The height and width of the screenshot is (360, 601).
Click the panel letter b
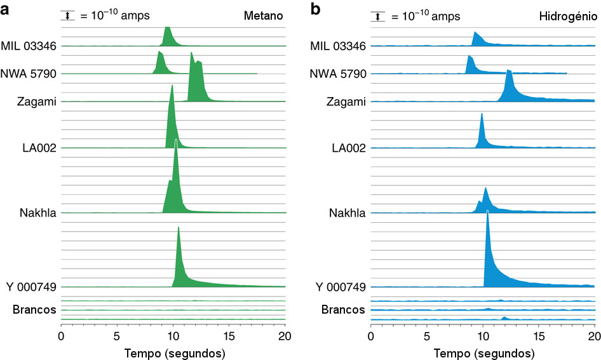pos(316,10)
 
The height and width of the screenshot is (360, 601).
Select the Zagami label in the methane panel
pos(37,102)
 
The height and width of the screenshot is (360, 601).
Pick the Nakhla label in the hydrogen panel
pos(348,213)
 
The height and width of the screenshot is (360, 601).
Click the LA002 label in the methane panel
pos(39,148)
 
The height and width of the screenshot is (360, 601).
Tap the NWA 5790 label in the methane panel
pos(29,74)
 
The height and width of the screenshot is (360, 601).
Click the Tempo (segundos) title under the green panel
pos(173,351)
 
